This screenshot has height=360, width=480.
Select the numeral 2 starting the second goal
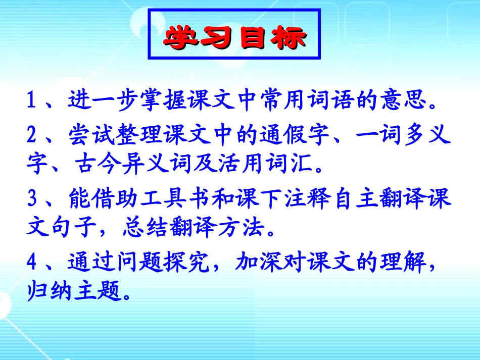(31, 135)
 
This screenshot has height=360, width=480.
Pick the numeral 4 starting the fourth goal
(31, 263)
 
